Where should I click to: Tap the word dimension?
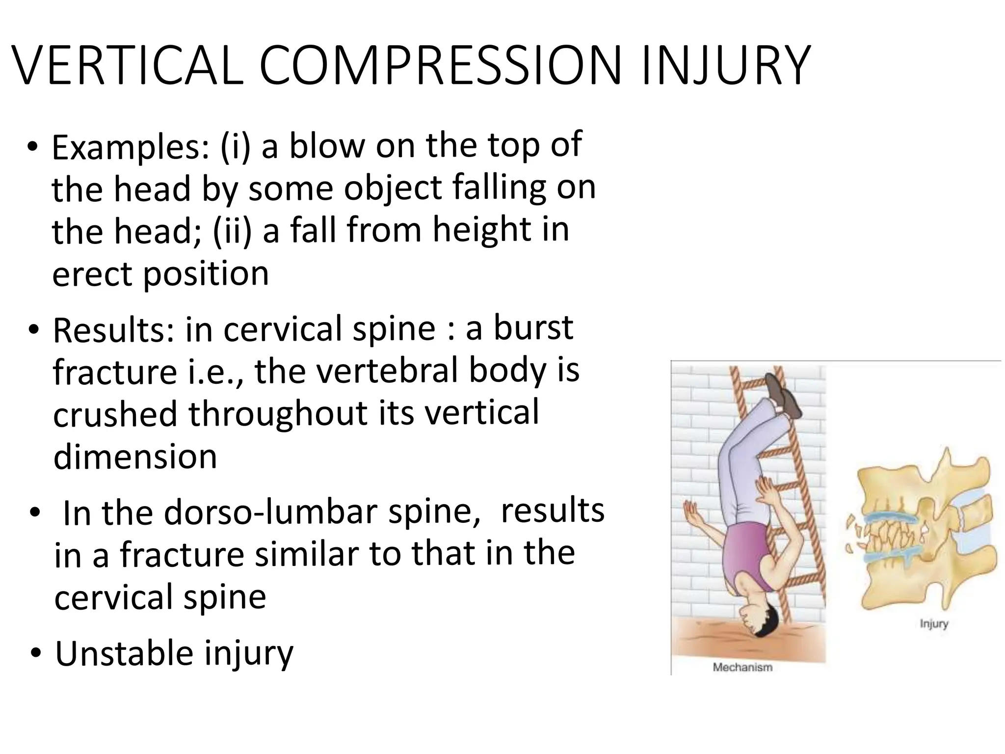pyautogui.click(x=135, y=457)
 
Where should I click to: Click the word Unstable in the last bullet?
pyautogui.click(x=123, y=653)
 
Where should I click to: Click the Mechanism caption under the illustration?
pyautogui.click(x=742, y=668)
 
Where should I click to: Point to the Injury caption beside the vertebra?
pyautogui.click(x=933, y=624)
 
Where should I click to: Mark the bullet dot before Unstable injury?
pyautogui.click(x=35, y=654)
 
